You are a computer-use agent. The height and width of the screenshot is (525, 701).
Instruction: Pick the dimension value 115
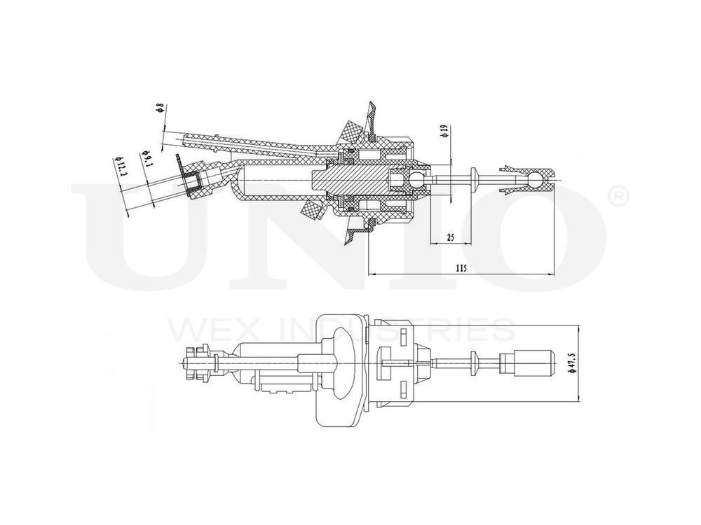coord(461,267)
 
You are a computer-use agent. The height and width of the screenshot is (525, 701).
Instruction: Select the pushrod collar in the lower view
coord(476,362)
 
